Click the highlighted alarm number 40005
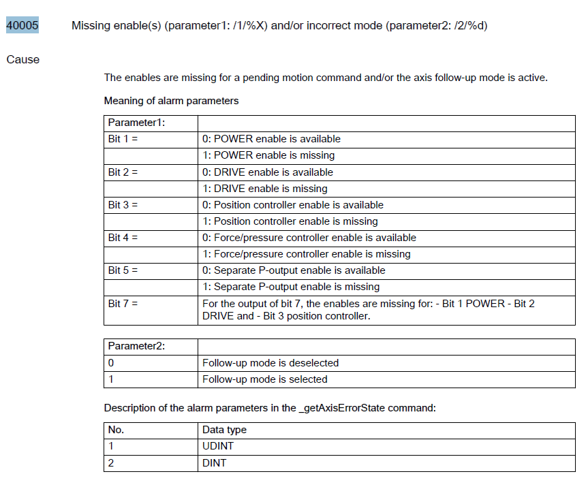point(22,26)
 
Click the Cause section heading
point(23,59)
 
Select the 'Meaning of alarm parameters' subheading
point(171,101)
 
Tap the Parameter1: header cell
point(137,123)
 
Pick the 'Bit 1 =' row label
point(123,139)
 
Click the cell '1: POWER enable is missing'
point(268,155)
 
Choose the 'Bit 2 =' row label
point(123,172)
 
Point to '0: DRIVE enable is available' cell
point(268,172)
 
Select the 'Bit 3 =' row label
point(123,205)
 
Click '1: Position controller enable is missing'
point(290,221)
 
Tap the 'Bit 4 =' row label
point(123,238)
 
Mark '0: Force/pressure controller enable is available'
point(309,238)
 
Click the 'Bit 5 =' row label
point(123,270)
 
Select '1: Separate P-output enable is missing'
point(291,287)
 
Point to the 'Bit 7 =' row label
point(123,303)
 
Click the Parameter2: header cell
point(137,346)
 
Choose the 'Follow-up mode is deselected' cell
point(270,363)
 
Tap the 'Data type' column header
point(224,430)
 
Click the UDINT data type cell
point(217,446)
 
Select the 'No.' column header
point(117,430)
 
